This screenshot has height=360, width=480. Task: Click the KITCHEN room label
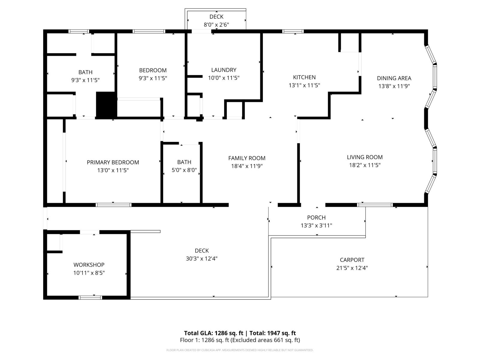(x=304, y=77)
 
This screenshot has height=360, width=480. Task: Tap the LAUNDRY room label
(x=224, y=70)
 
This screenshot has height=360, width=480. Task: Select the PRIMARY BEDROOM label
(x=113, y=162)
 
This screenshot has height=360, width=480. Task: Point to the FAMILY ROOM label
(x=247, y=158)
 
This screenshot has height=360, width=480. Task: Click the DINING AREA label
(x=394, y=78)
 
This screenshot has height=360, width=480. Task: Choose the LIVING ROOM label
(x=365, y=157)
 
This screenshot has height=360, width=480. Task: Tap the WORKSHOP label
(x=89, y=265)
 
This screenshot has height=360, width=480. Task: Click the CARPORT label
(x=352, y=260)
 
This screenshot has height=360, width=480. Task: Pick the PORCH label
(x=316, y=217)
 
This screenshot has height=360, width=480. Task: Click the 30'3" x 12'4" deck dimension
(x=202, y=259)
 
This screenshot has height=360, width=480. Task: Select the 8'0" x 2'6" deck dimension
(x=216, y=25)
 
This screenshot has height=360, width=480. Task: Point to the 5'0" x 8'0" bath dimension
(x=184, y=170)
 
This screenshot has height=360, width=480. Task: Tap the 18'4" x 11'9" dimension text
(x=247, y=166)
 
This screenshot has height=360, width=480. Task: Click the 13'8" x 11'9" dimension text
(x=394, y=86)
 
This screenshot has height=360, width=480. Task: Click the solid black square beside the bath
(x=106, y=105)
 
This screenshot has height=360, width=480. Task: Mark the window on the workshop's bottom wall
(x=90, y=298)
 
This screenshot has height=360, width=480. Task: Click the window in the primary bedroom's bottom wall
(x=113, y=205)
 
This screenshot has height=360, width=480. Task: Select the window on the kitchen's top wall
(x=293, y=31)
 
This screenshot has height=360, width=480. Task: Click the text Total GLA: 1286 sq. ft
(x=213, y=333)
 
